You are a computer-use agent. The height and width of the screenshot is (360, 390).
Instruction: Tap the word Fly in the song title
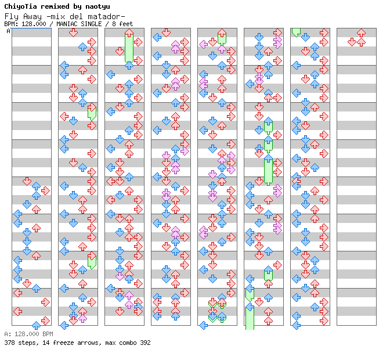(x=12, y=16)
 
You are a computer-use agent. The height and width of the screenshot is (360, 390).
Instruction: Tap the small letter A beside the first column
(x=9, y=31)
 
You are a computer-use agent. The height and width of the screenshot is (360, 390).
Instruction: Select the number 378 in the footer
(x=10, y=343)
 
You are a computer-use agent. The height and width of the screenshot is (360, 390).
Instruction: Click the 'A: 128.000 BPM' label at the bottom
(x=28, y=334)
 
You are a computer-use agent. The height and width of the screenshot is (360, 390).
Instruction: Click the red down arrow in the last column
(x=352, y=42)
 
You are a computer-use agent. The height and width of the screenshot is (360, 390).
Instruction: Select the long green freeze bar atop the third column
(x=129, y=46)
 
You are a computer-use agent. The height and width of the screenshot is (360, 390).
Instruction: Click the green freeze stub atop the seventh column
(x=296, y=33)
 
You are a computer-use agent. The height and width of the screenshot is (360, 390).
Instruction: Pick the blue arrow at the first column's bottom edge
(x=36, y=325)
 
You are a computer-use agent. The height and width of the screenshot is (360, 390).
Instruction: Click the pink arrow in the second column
(x=82, y=317)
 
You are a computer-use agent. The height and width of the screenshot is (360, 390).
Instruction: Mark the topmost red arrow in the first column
(x=27, y=181)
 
